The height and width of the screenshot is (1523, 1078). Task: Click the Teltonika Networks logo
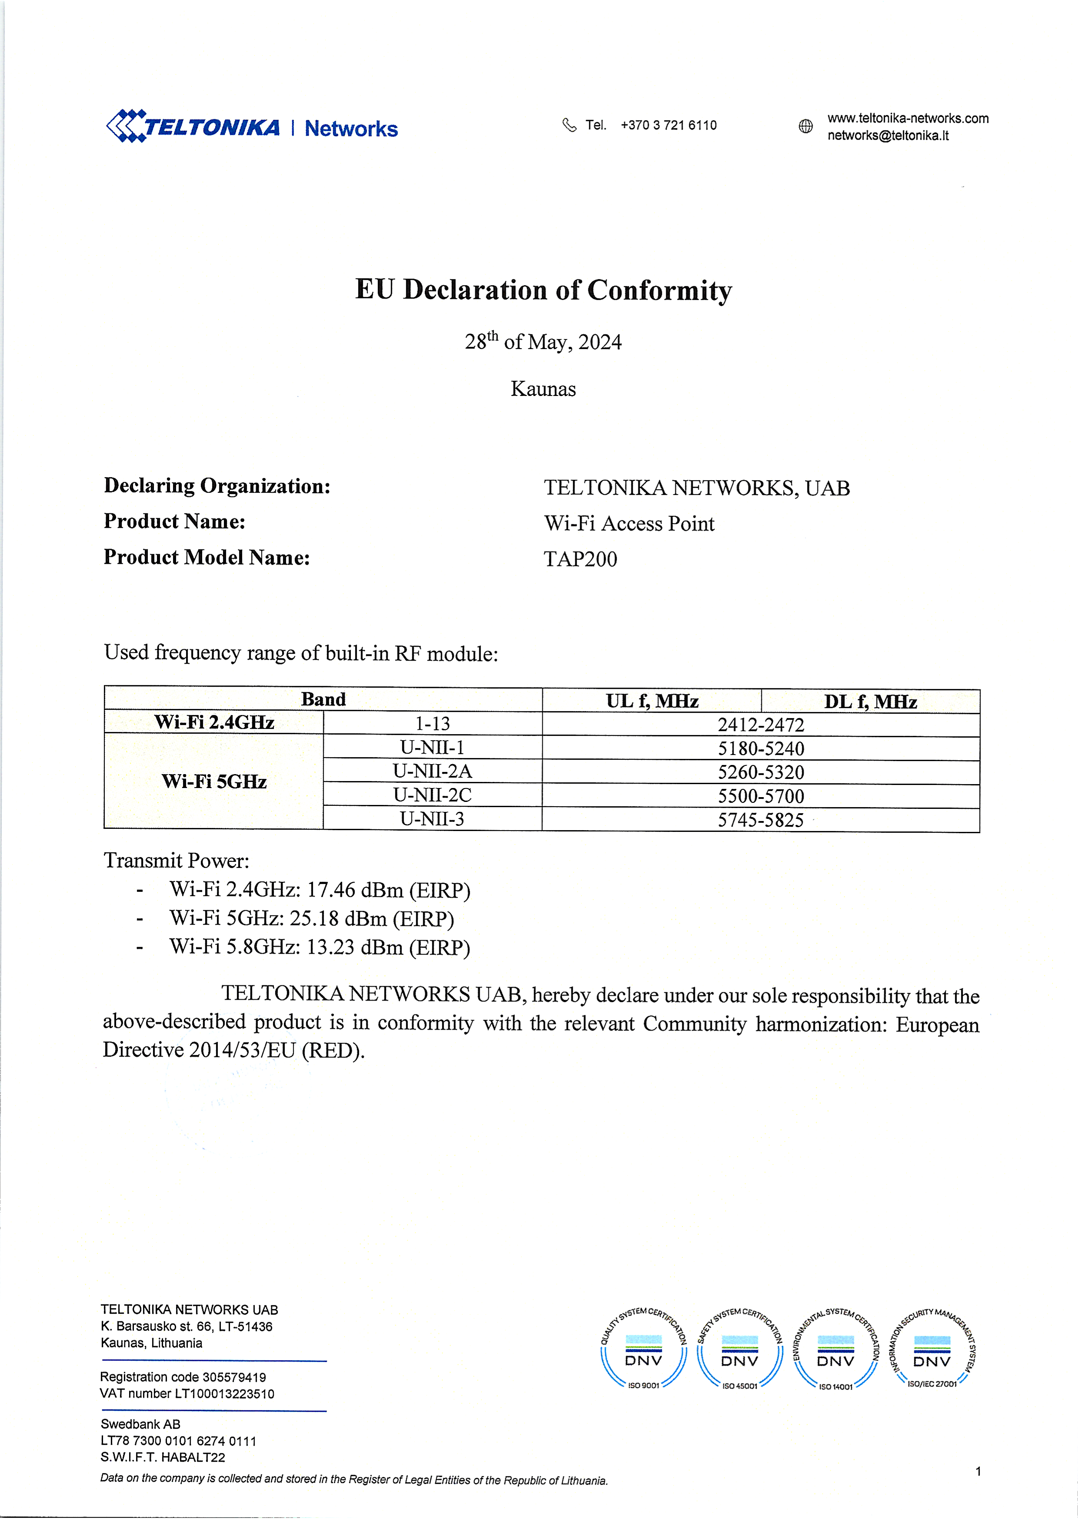(252, 126)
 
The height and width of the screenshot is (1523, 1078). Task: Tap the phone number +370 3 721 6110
(668, 125)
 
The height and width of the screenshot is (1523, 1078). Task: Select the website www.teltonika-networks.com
(908, 119)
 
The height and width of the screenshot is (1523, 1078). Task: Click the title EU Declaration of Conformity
(543, 290)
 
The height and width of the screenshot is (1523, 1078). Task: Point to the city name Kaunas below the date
(543, 389)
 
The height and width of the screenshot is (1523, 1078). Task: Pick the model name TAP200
(580, 559)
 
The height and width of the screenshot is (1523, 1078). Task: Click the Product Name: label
(174, 522)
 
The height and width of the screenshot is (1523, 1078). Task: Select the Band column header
(323, 700)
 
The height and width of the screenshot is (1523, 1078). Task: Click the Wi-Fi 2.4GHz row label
(214, 722)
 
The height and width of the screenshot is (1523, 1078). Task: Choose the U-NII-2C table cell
(432, 795)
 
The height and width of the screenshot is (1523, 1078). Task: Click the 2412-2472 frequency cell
(760, 725)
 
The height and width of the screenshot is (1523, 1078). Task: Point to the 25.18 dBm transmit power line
(311, 919)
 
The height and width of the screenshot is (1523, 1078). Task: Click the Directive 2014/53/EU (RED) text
(234, 1050)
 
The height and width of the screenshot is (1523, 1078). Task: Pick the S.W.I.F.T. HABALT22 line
(163, 1457)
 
